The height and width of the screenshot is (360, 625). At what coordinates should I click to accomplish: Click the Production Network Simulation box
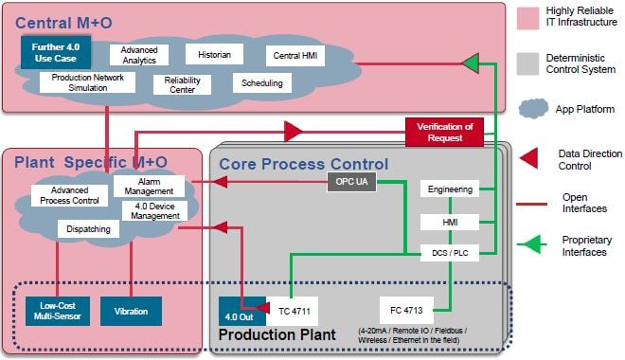80,82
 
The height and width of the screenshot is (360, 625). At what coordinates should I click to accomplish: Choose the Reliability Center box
182,85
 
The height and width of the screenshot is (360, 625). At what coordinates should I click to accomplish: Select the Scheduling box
262,83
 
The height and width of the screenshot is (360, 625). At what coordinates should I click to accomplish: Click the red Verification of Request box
444,133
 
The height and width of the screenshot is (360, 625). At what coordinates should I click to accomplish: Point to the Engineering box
450,189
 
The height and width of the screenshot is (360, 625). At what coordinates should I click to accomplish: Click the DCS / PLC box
450,252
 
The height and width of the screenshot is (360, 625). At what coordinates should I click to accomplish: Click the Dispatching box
88,228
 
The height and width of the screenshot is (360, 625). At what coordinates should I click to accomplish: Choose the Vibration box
131,310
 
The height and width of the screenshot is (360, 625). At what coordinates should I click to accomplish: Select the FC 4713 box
407,310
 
